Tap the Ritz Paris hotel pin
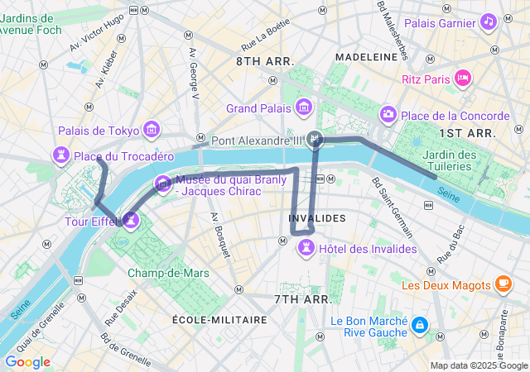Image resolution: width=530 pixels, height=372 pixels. pyautogui.click(x=462, y=79)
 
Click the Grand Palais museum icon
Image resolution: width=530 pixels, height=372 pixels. pyautogui.click(x=303, y=107)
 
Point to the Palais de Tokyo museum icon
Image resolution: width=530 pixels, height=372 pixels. pyautogui.click(x=151, y=130)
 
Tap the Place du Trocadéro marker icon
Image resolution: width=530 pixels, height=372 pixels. pyautogui.click(x=60, y=155)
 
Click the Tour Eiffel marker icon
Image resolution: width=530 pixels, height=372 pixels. pyautogui.click(x=130, y=221)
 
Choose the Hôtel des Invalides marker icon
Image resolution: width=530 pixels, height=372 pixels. pyautogui.click(x=306, y=246)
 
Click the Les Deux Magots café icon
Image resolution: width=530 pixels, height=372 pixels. pyautogui.click(x=503, y=284)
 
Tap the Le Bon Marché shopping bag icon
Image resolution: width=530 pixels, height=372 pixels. pyautogui.click(x=420, y=325)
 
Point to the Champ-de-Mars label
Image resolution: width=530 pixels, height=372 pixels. pyautogui.click(x=168, y=273)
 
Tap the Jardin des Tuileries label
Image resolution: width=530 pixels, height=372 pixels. pyautogui.click(x=449, y=160)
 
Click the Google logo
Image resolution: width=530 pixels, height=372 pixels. pyautogui.click(x=27, y=362)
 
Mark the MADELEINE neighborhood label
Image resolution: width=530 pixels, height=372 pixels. pyautogui.click(x=366, y=56)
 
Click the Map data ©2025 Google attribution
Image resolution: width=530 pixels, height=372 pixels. pyautogui.click(x=478, y=365)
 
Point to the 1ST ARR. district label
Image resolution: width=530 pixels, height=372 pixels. pyautogui.click(x=467, y=132)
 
